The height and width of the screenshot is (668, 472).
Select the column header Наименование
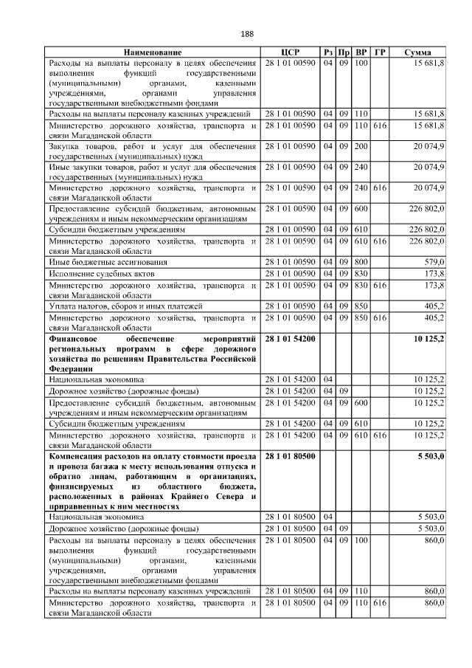153,53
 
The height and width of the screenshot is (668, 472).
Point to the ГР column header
380,53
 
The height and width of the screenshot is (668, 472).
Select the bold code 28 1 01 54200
290,338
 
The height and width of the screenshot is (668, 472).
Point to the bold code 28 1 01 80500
290,457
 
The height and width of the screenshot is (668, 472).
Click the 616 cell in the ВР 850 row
380,317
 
